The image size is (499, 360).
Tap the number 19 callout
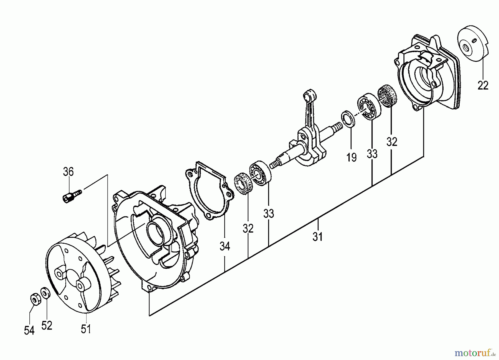click(x=352, y=157)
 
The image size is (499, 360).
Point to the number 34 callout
click(x=225, y=246)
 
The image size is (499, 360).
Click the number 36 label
click(x=68, y=172)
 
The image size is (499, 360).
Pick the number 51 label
click(x=86, y=329)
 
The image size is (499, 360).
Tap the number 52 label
click(x=47, y=325)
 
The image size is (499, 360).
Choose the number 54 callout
click(x=29, y=330)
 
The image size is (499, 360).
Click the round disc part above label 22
click(x=473, y=44)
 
